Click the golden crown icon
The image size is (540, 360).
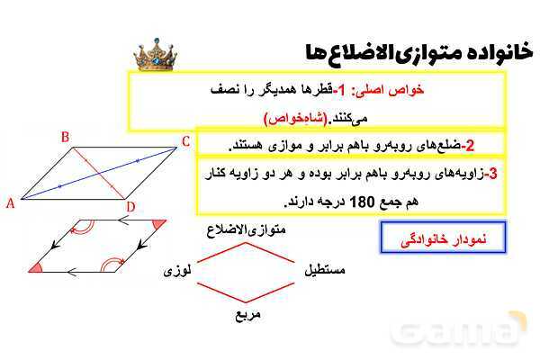pyautogui.click(x=155, y=56)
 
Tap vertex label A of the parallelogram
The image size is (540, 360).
pyautogui.click(x=11, y=203)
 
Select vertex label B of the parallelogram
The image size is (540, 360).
pyautogui.click(x=65, y=138)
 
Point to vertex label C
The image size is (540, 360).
pyautogui.click(x=185, y=140)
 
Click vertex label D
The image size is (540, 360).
pyautogui.click(x=131, y=208)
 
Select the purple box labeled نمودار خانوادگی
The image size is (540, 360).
pyautogui.click(x=440, y=238)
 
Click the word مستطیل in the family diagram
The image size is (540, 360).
pyautogui.click(x=325, y=269)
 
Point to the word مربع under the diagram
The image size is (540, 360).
pyautogui.click(x=247, y=316)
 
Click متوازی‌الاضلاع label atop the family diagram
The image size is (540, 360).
pyautogui.click(x=247, y=230)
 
